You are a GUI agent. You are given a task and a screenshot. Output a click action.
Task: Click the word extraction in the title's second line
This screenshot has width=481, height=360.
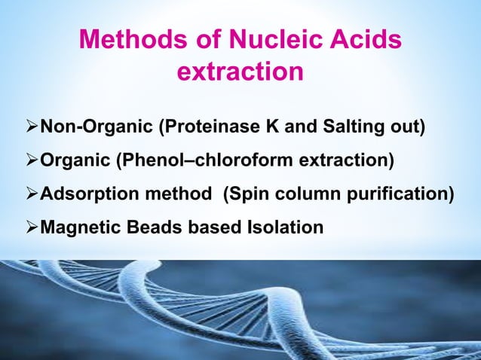tap(240, 72)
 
